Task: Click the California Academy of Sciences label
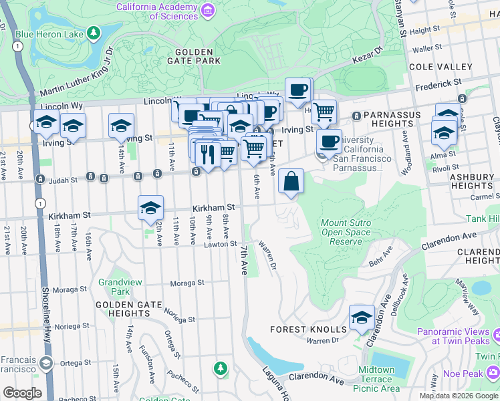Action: tap(156, 11)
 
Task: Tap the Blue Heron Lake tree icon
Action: tap(94, 33)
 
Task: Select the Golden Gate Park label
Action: tap(194, 56)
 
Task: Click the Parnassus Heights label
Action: tap(392, 119)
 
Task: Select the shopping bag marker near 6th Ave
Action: tap(291, 181)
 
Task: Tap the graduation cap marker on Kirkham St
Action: tap(151, 207)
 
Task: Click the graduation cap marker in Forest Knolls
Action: tap(362, 317)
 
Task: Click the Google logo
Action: tap(23, 392)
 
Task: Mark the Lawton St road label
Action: tap(221, 245)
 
